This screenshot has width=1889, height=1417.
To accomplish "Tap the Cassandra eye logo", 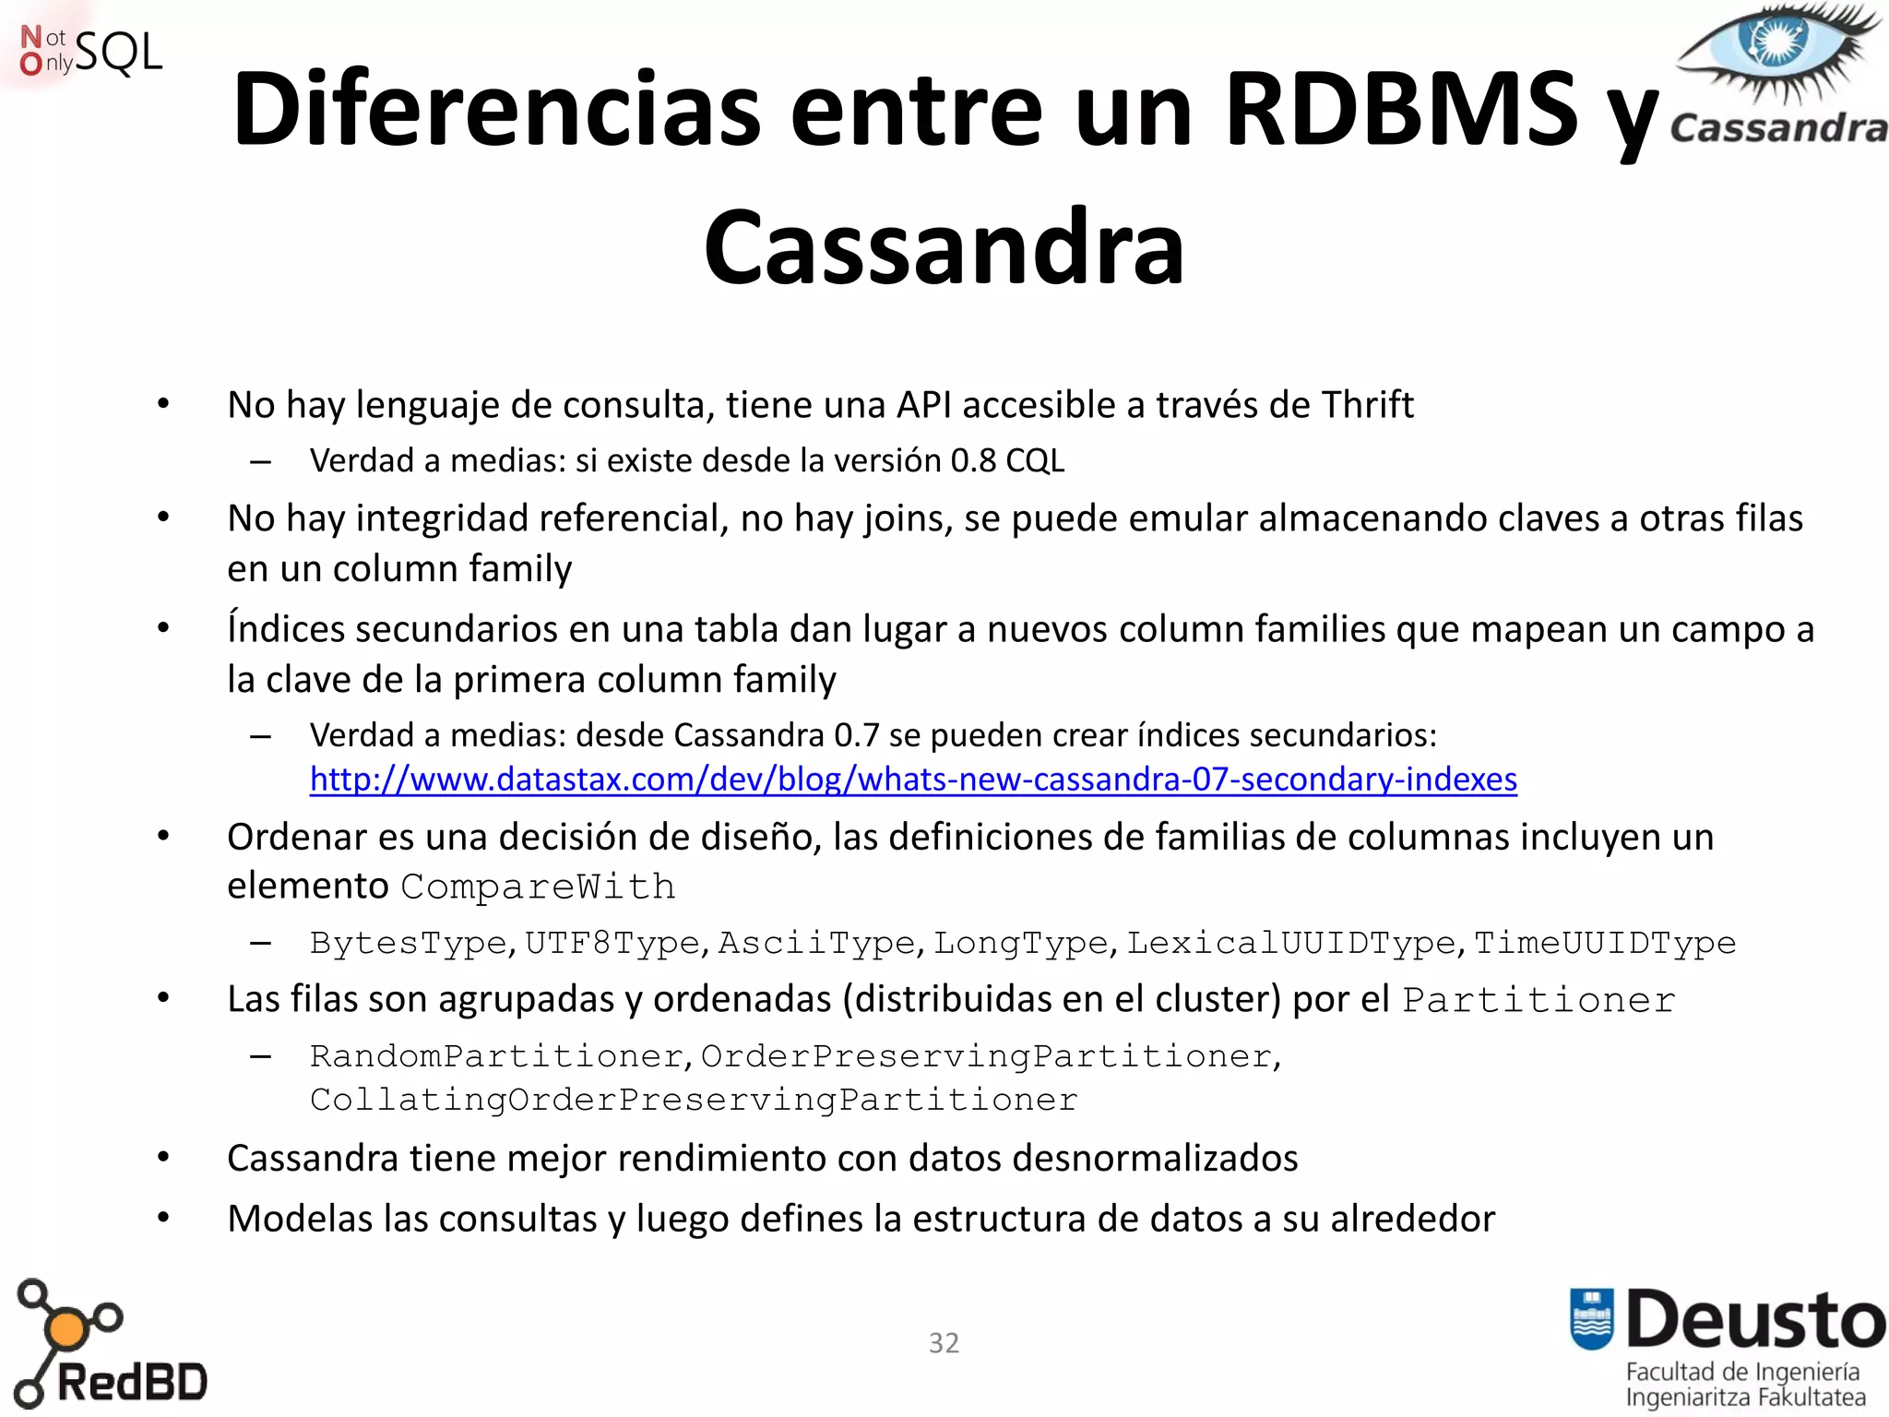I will [1777, 74].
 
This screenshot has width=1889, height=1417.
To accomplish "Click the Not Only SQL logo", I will [90, 52].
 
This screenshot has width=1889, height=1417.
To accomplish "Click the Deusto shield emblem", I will [1592, 1318].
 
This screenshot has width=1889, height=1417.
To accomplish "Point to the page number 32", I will [944, 1343].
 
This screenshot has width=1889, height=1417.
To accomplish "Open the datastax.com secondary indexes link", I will [913, 780].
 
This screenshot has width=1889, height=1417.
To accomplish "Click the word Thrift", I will [1367, 405].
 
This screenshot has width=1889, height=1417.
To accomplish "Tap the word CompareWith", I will [538, 887].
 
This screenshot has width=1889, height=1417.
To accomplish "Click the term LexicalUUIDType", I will [1290, 943].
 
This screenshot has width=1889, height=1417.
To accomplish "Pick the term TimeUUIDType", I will [1605, 943].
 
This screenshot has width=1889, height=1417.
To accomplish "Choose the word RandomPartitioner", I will [496, 1056].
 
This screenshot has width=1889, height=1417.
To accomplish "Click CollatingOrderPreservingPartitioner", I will [694, 1100].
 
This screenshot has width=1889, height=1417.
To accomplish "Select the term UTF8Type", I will [612, 943].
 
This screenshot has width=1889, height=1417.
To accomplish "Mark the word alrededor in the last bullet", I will [1412, 1219].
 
